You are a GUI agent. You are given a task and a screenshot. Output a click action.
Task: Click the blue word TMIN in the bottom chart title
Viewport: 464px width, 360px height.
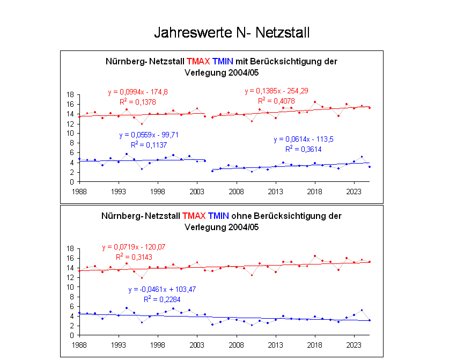pyautogui.click(x=218, y=216)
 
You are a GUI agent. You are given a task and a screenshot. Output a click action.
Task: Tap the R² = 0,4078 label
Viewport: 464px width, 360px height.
pyautogui.click(x=276, y=100)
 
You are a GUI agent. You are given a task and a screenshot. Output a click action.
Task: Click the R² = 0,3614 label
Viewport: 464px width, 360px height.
pyautogui.click(x=304, y=149)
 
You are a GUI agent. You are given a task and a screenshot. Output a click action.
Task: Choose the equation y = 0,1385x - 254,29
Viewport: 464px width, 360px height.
pyautogui.click(x=276, y=91)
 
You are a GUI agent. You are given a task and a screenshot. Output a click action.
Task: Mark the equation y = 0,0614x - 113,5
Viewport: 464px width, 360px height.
pyautogui.click(x=304, y=139)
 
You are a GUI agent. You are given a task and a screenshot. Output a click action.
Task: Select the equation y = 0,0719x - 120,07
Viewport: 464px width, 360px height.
pyautogui.click(x=134, y=247)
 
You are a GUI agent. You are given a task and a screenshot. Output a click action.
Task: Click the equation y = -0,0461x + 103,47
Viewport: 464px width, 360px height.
pyautogui.click(x=161, y=290)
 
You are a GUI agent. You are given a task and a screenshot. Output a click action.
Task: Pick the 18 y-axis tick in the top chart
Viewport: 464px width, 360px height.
pyautogui.click(x=70, y=94)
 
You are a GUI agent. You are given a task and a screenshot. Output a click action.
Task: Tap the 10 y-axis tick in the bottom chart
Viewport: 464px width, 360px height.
pyautogui.click(x=70, y=287)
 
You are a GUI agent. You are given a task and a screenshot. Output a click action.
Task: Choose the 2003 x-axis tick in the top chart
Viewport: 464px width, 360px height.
pyautogui.click(x=197, y=190)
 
